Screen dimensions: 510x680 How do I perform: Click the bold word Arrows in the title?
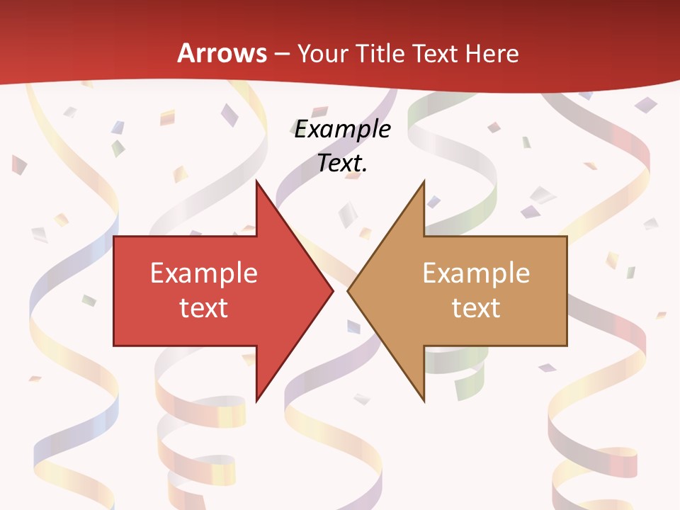[222, 53]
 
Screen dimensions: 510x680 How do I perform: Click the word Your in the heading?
[323, 53]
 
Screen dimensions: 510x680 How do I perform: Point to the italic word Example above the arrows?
[343, 130]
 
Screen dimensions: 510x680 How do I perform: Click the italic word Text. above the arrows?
[343, 164]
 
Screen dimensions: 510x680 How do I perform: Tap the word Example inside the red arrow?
[203, 273]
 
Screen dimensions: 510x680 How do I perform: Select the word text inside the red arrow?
[203, 308]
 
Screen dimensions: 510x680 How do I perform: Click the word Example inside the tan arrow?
[476, 273]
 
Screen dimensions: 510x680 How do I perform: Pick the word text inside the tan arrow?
[476, 308]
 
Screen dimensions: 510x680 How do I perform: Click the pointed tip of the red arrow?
[333, 290]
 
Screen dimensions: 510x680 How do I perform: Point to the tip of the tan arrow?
[348, 290]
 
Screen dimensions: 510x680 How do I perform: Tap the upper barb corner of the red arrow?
[256, 181]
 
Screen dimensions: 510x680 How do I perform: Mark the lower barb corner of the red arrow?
[256, 401]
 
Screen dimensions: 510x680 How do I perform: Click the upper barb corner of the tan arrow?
[424, 181]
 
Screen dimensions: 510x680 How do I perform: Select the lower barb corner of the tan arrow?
[424, 401]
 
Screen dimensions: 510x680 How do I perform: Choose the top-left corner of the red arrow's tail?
[114, 237]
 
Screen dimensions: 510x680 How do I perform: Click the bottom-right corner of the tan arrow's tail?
[567, 346]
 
